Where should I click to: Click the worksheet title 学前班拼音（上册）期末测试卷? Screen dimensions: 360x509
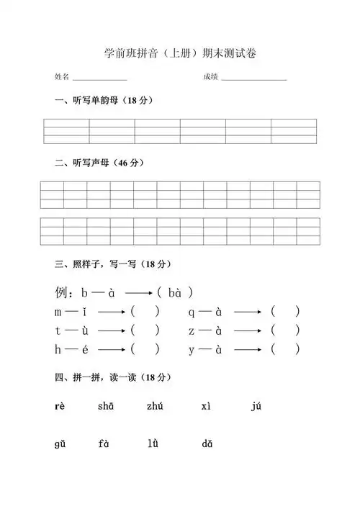(x=180, y=53)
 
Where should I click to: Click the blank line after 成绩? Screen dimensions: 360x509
(x=253, y=78)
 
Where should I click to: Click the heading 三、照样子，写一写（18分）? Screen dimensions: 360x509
(x=114, y=264)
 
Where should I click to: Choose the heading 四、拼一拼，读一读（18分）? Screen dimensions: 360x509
(x=114, y=377)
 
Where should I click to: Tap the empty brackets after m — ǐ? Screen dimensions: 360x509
(x=145, y=312)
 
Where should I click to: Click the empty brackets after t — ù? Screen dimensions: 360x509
(x=145, y=330)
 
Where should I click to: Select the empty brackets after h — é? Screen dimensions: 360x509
(x=145, y=350)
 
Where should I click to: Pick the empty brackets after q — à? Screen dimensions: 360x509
(x=285, y=312)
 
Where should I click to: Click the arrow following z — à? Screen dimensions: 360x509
(x=248, y=330)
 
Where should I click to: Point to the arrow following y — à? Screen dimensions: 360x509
(x=248, y=350)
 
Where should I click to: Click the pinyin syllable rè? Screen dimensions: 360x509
(x=60, y=407)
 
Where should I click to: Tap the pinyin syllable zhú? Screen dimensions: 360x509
(x=155, y=407)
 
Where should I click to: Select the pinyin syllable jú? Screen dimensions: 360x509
(x=256, y=407)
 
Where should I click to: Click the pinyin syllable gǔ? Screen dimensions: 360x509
(x=60, y=444)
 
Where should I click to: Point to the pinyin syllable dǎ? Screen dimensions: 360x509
(x=207, y=444)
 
